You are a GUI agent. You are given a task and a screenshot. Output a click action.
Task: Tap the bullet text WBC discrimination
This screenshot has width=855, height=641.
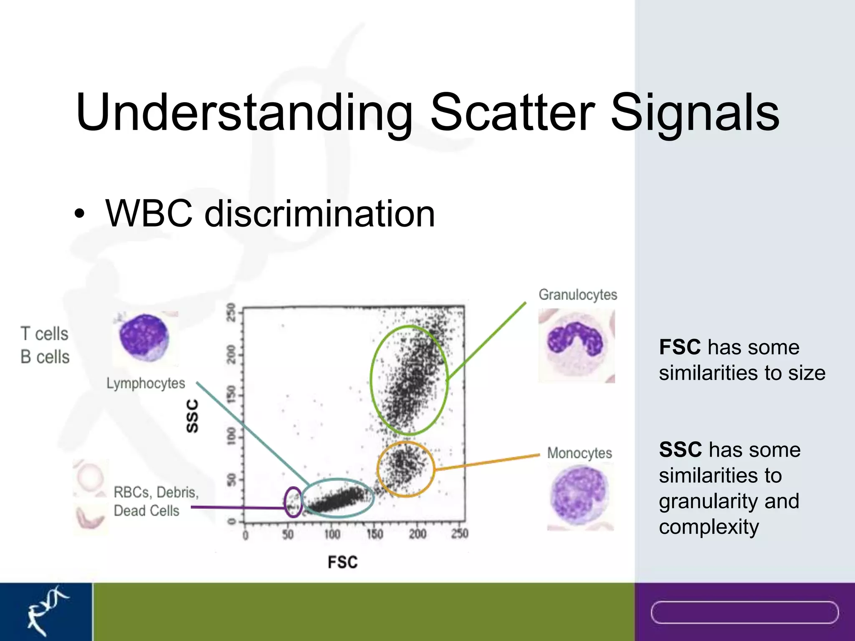tap(270, 214)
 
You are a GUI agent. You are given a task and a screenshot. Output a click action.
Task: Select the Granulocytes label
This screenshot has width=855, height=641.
tap(577, 295)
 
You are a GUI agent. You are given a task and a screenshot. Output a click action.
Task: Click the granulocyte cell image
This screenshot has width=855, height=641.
tap(576, 346)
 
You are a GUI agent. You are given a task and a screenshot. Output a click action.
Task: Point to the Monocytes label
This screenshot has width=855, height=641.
tap(579, 453)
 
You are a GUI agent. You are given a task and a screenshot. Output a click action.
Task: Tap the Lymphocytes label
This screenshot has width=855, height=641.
tap(145, 383)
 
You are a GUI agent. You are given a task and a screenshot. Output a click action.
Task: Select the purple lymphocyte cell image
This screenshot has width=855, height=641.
tap(144, 338)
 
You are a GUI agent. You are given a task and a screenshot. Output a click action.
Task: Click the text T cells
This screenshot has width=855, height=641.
tap(44, 334)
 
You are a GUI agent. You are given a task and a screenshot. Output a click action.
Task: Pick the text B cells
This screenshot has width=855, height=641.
tap(45, 357)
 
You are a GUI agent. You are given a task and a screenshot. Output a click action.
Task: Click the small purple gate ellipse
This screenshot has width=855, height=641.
tap(293, 502)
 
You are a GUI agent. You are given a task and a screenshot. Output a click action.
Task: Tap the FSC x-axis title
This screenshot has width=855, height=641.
tap(342, 562)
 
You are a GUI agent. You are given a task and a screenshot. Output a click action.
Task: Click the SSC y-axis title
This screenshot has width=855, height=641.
tap(192, 416)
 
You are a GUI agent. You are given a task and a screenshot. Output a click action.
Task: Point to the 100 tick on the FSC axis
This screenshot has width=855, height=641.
tap(332, 534)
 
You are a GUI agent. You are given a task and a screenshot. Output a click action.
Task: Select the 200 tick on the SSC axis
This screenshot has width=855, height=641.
tap(231, 354)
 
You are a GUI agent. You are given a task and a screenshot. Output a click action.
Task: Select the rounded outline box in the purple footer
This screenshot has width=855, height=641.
tap(744, 612)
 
